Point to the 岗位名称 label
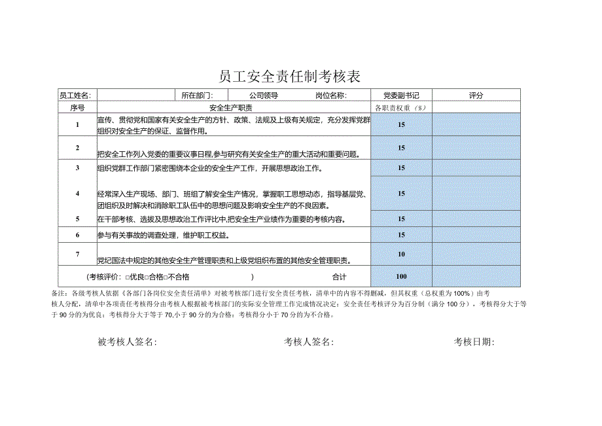pos(330,96)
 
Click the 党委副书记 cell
pos(401,96)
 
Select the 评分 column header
pos(476,96)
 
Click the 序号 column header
pos(77,107)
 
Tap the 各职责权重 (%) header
pos(400,107)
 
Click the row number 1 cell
pos(77,124)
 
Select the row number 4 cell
pos(77,193)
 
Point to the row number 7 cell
pos(77,254)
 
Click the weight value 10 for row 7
pos(401,254)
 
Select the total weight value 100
pos(401,276)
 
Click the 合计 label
pos(339,276)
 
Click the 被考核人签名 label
pos(127,342)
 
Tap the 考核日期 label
pos(474,342)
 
